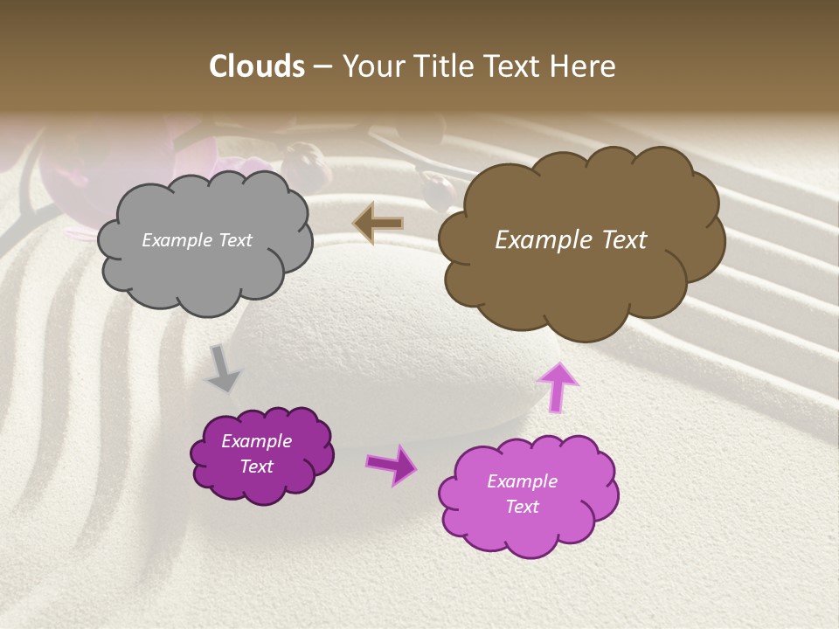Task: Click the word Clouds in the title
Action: coord(256,66)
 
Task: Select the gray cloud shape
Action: coord(205,262)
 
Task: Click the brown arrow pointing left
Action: coord(378,224)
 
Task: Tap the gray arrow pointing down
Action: coord(223,368)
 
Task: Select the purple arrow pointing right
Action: coord(392,464)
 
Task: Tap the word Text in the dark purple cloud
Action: coord(257,467)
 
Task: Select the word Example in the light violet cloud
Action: coord(522,481)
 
